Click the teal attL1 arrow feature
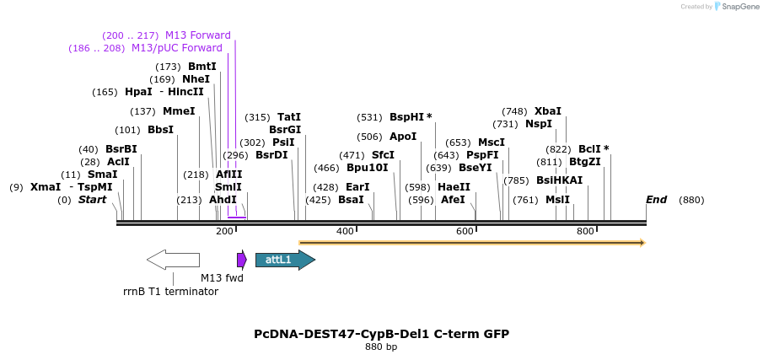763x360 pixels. pos(284,260)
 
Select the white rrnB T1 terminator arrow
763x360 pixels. pos(173,260)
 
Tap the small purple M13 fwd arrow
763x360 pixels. pos(242,260)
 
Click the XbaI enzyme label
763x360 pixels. pos(547,111)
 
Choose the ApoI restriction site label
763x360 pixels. pos(403,137)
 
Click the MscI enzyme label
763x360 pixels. pos(492,142)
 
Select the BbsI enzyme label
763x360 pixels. pos(160,130)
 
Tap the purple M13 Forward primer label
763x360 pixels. pos(197,35)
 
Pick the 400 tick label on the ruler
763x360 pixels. pos(345,231)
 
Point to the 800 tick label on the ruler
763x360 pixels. pos(585,231)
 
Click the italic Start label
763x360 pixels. pos(93,200)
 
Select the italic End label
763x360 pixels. pos(656,200)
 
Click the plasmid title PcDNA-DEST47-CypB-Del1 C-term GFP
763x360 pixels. pos(381,334)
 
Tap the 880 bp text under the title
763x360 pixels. pos(381,347)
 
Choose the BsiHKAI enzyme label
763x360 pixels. pos(559,180)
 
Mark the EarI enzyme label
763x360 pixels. pos(357,187)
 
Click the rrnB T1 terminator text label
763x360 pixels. pos(170,292)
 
